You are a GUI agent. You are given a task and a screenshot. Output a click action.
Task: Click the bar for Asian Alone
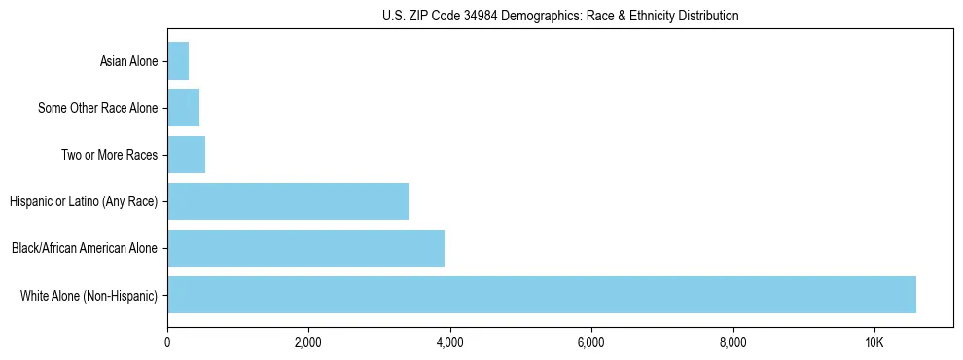pos(178,61)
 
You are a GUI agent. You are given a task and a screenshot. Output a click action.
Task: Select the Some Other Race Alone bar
pos(184,108)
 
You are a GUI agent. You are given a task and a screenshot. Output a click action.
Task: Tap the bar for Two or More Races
pos(187,155)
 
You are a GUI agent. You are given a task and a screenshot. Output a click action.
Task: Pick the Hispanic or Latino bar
pos(288,201)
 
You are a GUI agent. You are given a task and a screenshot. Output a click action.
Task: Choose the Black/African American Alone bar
pos(305,248)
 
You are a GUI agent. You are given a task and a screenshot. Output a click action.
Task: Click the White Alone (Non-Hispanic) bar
pos(542,295)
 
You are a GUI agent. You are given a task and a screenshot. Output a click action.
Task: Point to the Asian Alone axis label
pos(128,62)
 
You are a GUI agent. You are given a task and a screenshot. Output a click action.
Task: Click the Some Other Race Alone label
pos(97,109)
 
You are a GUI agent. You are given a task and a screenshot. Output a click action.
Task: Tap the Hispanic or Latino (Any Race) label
pos(84,202)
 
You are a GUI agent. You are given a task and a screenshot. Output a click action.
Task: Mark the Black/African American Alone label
pos(85,249)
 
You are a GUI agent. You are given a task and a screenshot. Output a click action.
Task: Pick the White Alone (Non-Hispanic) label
pos(89,296)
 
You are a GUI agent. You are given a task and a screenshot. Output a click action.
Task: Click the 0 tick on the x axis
pos(167,343)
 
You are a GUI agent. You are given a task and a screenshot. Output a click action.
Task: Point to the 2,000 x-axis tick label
pos(308,343)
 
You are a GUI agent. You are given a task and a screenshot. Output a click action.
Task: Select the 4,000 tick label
pos(449,343)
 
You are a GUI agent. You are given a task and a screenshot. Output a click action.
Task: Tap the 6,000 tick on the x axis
pos(591,343)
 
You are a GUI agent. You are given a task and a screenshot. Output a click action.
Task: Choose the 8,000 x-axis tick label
pos(732,343)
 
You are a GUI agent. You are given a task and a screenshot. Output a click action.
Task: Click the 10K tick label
pos(874,343)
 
